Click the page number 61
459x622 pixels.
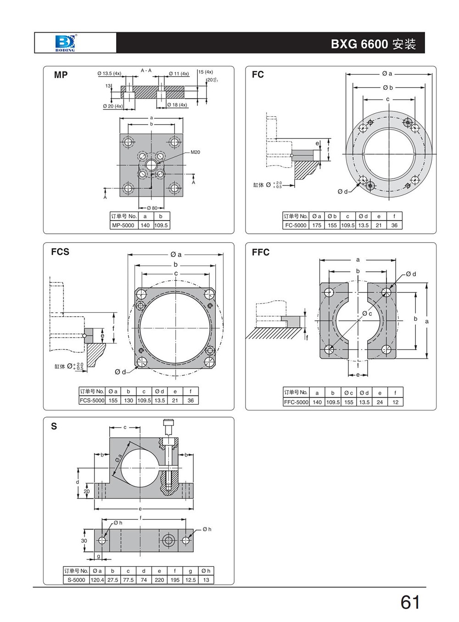[x=410, y=602]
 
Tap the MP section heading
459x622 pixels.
[x=61, y=75]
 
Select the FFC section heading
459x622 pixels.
[x=260, y=252]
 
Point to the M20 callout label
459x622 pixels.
[x=195, y=152]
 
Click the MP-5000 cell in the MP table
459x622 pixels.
[x=123, y=225]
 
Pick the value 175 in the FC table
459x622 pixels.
[x=317, y=225]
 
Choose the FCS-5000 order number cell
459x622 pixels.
[x=92, y=400]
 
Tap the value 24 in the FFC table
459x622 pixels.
[x=380, y=402]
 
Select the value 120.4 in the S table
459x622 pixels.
[x=97, y=580]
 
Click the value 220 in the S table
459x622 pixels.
[x=159, y=580]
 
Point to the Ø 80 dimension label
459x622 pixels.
[x=152, y=208]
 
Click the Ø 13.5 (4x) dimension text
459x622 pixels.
[x=109, y=73]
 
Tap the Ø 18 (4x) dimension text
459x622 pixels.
[x=177, y=105]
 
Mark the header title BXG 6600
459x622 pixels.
[x=359, y=44]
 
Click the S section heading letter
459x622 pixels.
[x=54, y=426]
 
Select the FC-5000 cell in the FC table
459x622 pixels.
[x=296, y=225]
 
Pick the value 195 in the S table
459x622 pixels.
[x=175, y=580]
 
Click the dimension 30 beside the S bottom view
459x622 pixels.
[x=84, y=541]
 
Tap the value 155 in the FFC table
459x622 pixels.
[x=348, y=402]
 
